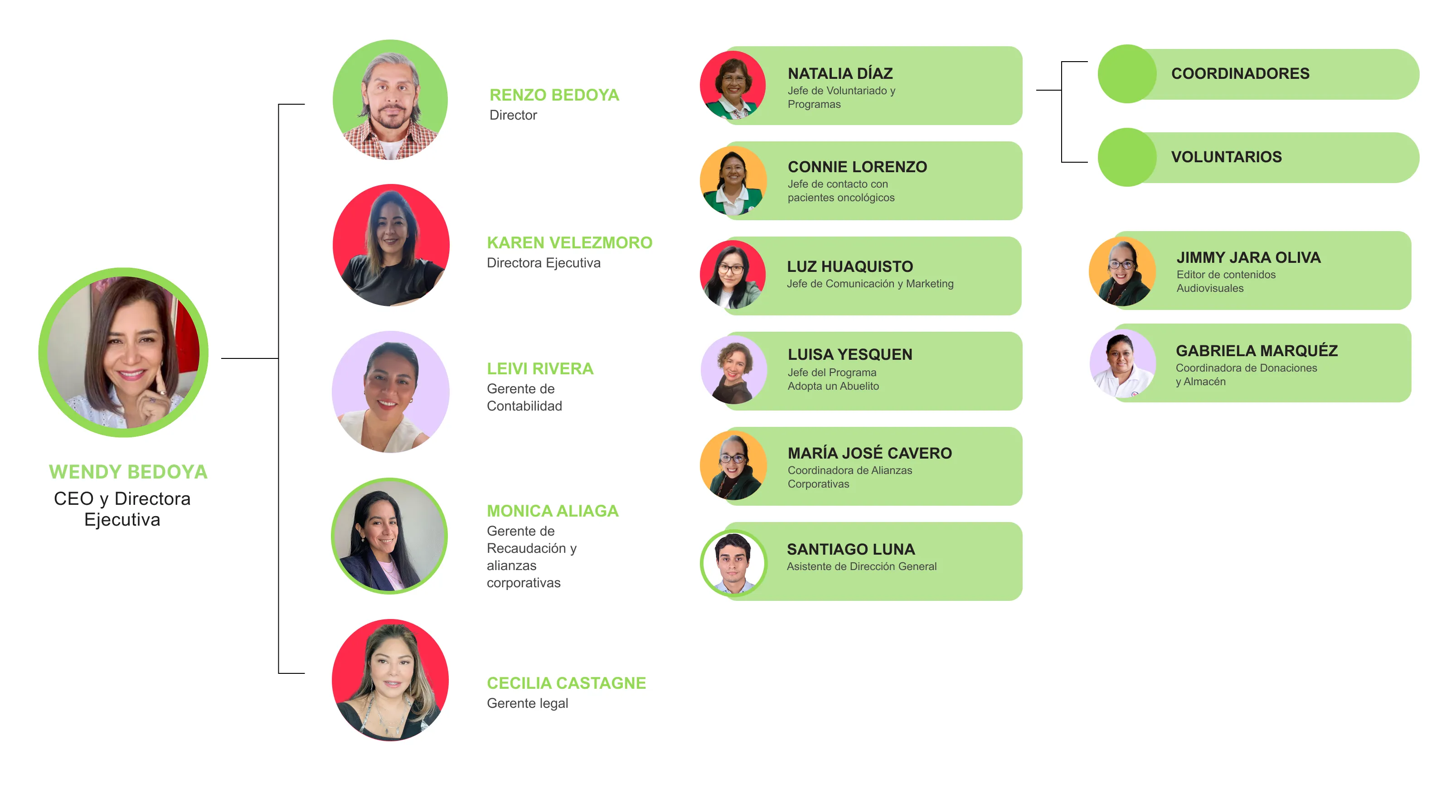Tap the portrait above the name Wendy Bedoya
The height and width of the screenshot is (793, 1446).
(x=123, y=353)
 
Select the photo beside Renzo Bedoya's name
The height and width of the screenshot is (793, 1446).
(x=390, y=100)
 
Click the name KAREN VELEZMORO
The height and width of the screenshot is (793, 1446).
(x=569, y=242)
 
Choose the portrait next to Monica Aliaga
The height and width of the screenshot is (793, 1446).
(x=389, y=536)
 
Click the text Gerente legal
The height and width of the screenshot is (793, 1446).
(x=527, y=703)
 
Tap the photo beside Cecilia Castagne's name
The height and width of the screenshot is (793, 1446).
(x=390, y=680)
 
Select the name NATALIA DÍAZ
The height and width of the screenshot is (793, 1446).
(x=840, y=73)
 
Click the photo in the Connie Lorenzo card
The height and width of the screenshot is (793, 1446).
(x=733, y=181)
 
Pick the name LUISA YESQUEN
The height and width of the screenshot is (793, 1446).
(x=850, y=355)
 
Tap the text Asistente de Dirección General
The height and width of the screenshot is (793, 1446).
(x=861, y=567)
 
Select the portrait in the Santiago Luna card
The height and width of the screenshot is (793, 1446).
(x=733, y=562)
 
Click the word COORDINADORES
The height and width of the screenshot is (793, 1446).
(x=1240, y=73)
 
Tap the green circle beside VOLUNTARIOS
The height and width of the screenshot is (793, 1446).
(x=1126, y=157)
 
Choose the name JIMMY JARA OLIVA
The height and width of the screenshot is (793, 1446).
(x=1248, y=257)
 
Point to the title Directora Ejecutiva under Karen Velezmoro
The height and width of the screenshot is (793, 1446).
(x=543, y=263)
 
